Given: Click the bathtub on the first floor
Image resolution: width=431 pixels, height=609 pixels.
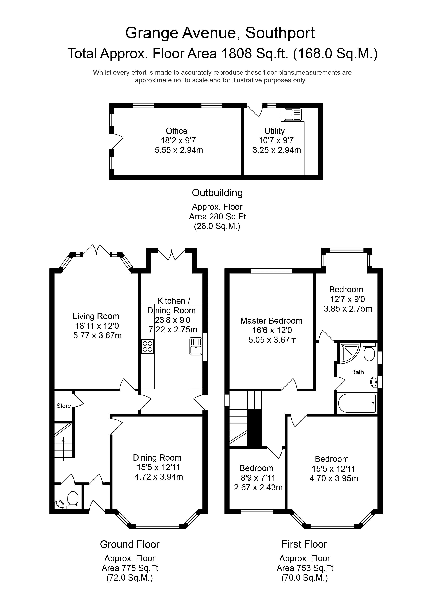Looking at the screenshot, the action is pyautogui.click(x=357, y=403).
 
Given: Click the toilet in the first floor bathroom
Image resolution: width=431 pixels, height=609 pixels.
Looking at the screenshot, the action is pyautogui.click(x=369, y=352).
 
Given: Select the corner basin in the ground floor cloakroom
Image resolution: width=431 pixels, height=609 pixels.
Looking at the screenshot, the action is pyautogui.click(x=59, y=504).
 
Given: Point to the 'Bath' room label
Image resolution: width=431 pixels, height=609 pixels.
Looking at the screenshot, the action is pyautogui.click(x=357, y=372).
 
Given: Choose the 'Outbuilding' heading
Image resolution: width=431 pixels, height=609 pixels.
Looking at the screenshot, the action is pyautogui.click(x=217, y=193).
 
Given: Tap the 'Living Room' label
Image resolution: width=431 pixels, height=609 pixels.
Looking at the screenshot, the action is pyautogui.click(x=96, y=316).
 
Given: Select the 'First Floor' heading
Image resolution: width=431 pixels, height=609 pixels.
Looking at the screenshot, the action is pyautogui.click(x=304, y=544).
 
